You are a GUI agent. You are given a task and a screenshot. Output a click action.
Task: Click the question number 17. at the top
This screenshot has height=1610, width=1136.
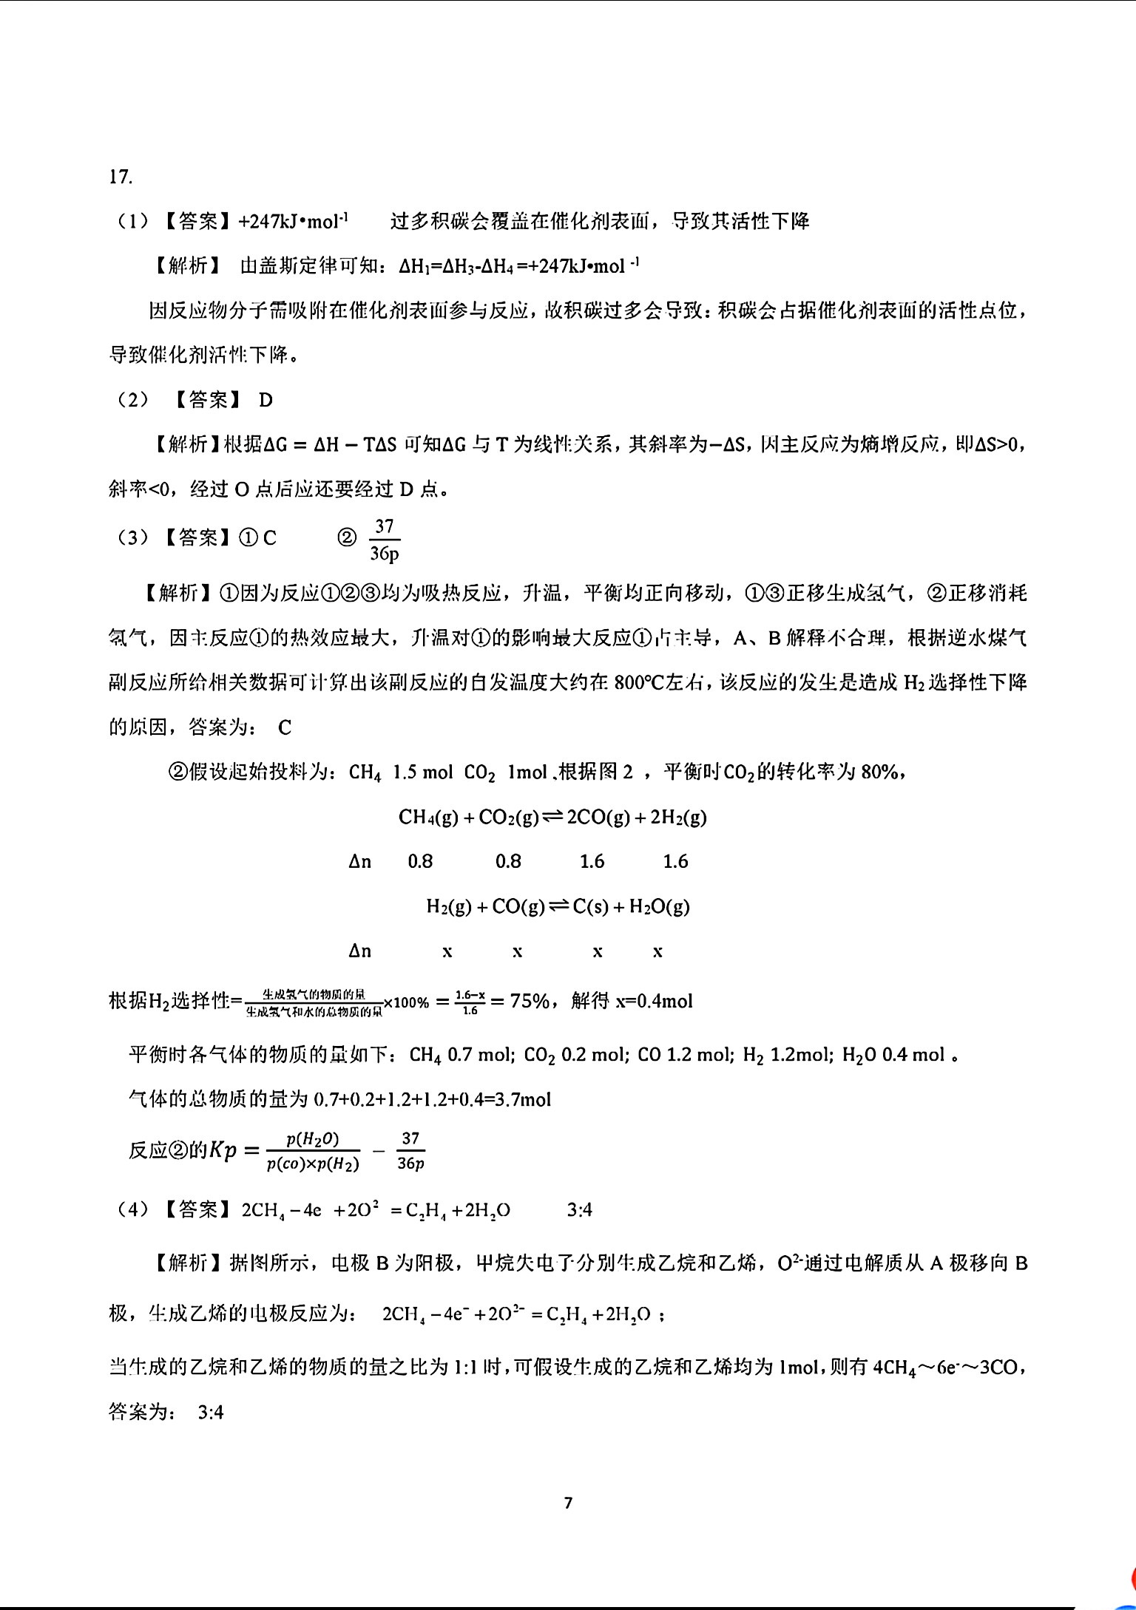coord(121,177)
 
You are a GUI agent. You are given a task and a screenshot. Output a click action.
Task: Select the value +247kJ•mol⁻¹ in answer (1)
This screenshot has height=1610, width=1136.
coord(294,221)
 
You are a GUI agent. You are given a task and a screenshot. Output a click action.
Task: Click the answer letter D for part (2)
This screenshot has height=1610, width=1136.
coord(266,401)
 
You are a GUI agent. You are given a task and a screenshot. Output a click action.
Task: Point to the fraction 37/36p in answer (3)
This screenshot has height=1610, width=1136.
coord(384,539)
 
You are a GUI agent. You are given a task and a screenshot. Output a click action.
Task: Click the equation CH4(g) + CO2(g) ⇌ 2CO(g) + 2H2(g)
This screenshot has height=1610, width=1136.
coord(552,817)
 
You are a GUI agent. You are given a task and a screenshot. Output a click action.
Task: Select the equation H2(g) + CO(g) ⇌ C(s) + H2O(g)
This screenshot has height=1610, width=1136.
coord(558,906)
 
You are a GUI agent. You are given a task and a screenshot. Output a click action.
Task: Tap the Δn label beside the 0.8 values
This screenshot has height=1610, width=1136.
coord(360,862)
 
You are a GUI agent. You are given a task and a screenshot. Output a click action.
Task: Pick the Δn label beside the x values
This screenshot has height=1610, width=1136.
coord(360,951)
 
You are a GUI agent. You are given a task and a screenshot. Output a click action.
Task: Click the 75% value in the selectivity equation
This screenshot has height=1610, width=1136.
coord(530,1002)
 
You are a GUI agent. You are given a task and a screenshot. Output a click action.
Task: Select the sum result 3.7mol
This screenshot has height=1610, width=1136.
coord(522,1100)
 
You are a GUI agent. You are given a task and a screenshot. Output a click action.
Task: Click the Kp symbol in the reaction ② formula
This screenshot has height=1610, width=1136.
coord(222,1151)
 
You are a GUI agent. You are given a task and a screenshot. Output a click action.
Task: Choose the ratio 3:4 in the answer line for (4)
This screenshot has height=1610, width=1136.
coord(579,1210)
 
